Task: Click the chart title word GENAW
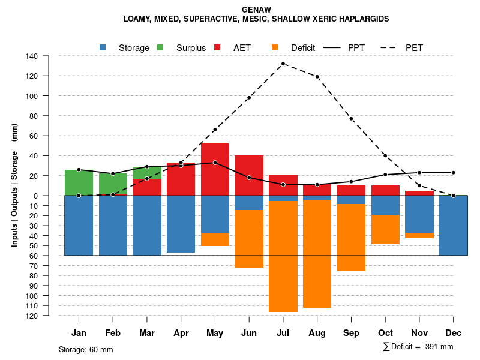point(256,10)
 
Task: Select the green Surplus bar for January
point(79,182)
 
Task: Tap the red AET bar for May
point(215,174)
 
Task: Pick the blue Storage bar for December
point(454,225)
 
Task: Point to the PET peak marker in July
point(283,64)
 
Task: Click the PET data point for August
point(317,77)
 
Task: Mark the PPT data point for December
point(453,173)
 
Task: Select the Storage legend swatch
point(103,47)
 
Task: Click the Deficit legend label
point(303,48)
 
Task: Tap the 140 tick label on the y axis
point(32,56)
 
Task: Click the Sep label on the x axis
point(351,333)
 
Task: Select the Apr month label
point(181,333)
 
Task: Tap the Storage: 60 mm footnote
point(86,349)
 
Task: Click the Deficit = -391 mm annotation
point(418,347)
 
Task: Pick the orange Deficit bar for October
point(385,229)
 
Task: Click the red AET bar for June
point(249,175)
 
